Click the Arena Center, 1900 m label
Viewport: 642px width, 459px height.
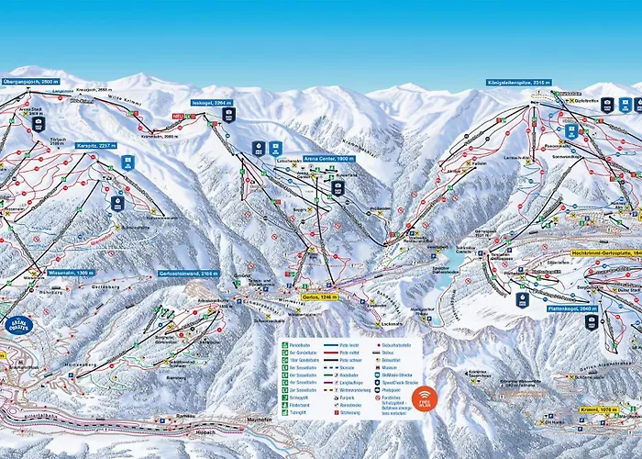click(x=328, y=158)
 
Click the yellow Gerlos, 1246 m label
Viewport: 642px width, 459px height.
click(x=321, y=297)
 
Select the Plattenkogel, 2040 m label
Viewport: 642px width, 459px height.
click(x=575, y=309)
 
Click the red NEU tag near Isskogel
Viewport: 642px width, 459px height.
click(x=180, y=116)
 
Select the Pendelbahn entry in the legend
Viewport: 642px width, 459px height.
click(x=297, y=345)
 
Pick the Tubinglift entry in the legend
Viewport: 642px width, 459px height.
click(x=297, y=412)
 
